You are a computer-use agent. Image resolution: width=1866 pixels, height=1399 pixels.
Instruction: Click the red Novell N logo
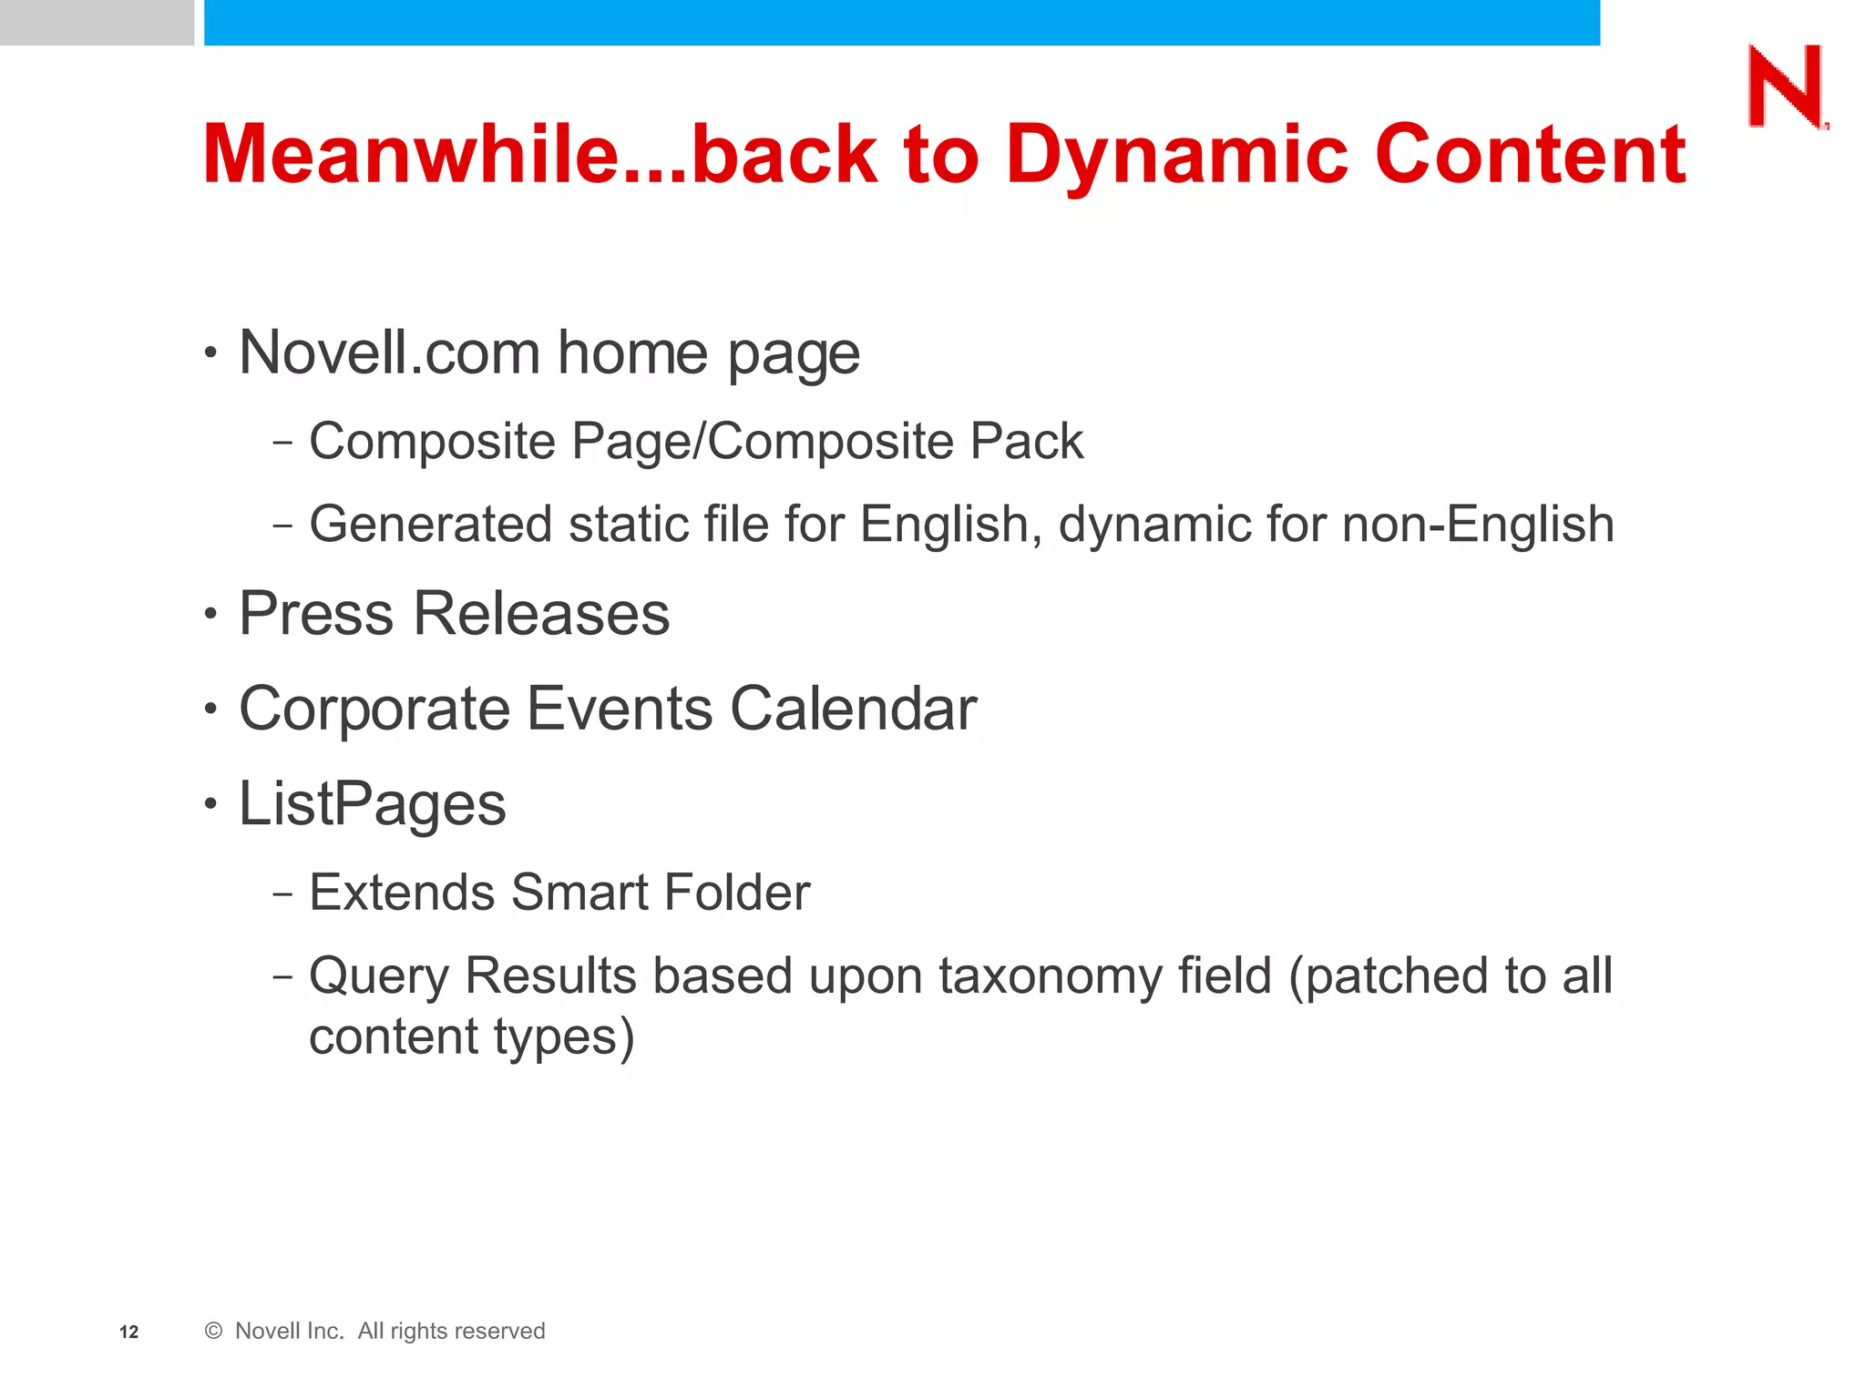point(1786,87)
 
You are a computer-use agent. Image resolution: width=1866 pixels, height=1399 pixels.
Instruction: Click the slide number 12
point(128,1333)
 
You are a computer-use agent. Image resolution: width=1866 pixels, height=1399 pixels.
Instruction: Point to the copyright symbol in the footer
point(213,1331)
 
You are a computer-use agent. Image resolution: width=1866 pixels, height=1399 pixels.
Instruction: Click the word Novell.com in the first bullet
point(389,352)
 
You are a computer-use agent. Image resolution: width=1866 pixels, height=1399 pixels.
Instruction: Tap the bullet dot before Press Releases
point(211,614)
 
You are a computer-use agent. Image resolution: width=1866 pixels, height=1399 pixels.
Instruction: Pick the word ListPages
point(372,804)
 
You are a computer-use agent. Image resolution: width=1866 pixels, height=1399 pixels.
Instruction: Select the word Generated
point(430,525)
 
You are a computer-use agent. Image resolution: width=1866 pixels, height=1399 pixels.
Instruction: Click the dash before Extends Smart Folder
point(282,894)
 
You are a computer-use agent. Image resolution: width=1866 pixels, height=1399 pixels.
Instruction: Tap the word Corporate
point(374,709)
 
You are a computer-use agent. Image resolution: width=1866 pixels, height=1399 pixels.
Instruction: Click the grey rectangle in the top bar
point(97,22)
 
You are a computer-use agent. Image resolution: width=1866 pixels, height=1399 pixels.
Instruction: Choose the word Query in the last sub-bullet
point(379,976)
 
